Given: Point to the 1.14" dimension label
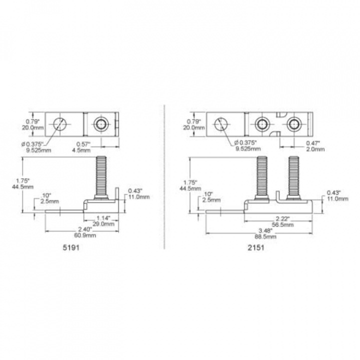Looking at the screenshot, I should (x=102, y=218).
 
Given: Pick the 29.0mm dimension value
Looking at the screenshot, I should (x=102, y=223).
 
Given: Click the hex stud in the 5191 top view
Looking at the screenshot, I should (x=100, y=123).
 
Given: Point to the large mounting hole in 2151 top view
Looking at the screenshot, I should (x=221, y=123).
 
